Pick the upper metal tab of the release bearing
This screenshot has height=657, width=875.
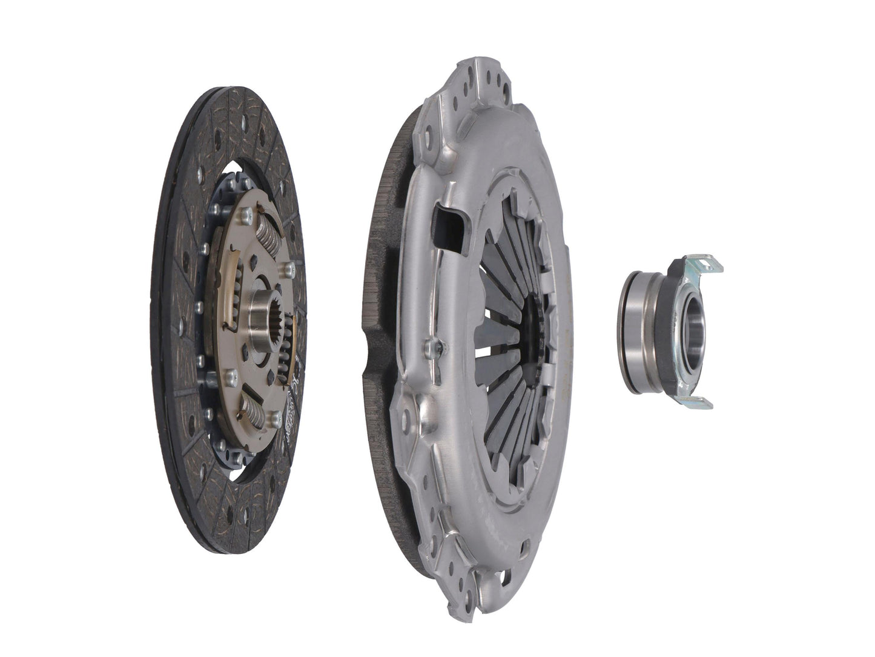point(702,262)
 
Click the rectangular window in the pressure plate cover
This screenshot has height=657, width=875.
point(449,222)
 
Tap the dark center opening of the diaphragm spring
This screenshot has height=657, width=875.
point(536,327)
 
